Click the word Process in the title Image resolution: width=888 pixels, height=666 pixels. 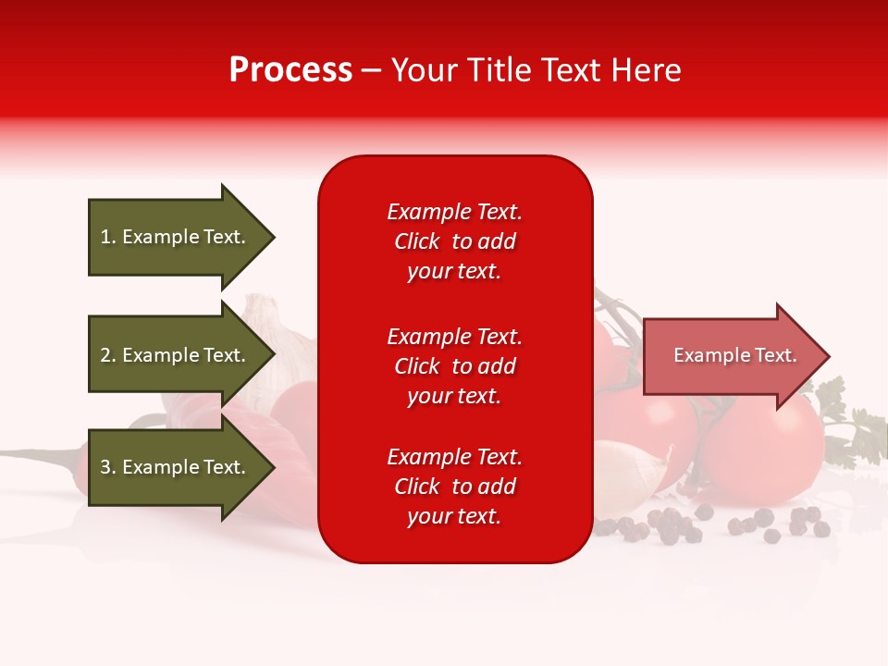tap(290, 70)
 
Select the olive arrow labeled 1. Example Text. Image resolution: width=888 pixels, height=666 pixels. tap(176, 238)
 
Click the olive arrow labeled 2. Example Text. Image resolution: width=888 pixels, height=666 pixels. tap(176, 355)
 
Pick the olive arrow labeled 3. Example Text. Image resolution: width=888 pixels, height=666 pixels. tap(176, 467)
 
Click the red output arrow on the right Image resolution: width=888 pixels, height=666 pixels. tap(731, 356)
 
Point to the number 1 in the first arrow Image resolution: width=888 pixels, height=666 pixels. tap(105, 238)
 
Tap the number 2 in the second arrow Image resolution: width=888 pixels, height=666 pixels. tap(105, 355)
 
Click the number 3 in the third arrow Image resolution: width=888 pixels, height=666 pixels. tap(105, 467)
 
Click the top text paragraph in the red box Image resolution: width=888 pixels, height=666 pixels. tap(454, 241)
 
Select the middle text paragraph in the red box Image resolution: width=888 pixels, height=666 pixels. tap(454, 366)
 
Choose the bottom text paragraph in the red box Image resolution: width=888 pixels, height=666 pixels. tap(454, 487)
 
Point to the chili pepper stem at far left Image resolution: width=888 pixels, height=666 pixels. tap(37, 454)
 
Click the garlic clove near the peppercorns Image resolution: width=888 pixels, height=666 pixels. tap(638, 472)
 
